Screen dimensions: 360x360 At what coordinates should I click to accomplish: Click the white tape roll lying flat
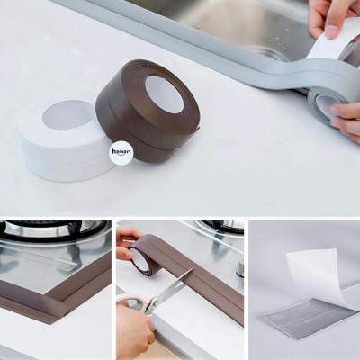point(63,144)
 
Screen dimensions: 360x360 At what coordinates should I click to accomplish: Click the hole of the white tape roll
point(68,114)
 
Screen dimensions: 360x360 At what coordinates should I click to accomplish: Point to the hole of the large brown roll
point(164,93)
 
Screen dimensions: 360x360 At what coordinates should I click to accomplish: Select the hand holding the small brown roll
point(126,243)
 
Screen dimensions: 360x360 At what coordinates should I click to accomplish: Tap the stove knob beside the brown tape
point(239,268)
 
